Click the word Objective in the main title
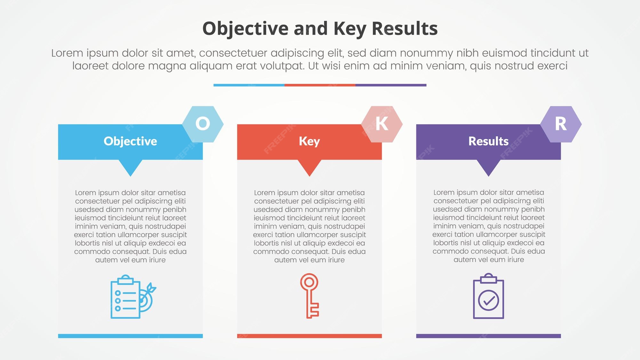pos(246,29)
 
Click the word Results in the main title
pos(404,28)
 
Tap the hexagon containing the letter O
pos(203,124)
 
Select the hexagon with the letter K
pos(382,124)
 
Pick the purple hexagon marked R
pos(561,124)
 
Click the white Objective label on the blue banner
pos(130,141)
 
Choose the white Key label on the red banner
pos(309,141)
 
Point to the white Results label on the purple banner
pos(488,141)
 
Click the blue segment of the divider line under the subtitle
pos(249,85)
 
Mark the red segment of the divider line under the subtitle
pos(320,85)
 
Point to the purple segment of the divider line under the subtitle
pos(391,85)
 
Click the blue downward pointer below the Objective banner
pos(130,167)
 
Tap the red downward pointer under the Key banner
pos(309,167)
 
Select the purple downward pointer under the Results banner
pos(488,167)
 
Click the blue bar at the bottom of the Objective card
pos(130,336)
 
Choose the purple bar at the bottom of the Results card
pos(488,336)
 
